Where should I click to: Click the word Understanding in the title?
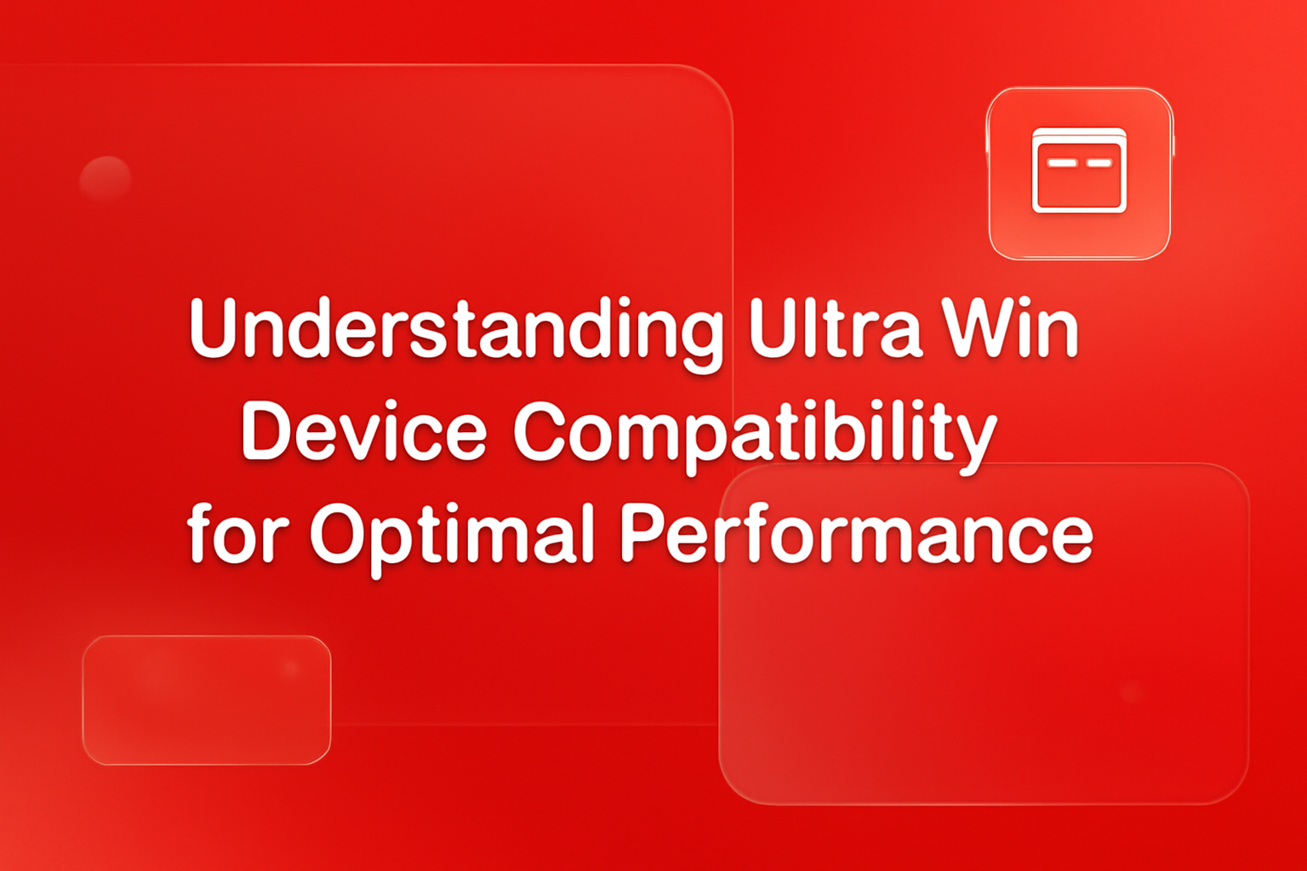[x=456, y=330]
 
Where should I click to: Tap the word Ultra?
[x=835, y=328]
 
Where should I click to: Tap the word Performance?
[x=855, y=534]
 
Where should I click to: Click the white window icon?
[x=1079, y=170]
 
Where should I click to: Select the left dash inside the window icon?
[x=1062, y=162]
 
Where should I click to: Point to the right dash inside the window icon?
[x=1099, y=162]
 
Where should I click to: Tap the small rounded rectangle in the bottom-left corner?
[x=207, y=699]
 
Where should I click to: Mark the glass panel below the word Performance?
[x=984, y=680]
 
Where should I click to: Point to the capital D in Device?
[x=266, y=431]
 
